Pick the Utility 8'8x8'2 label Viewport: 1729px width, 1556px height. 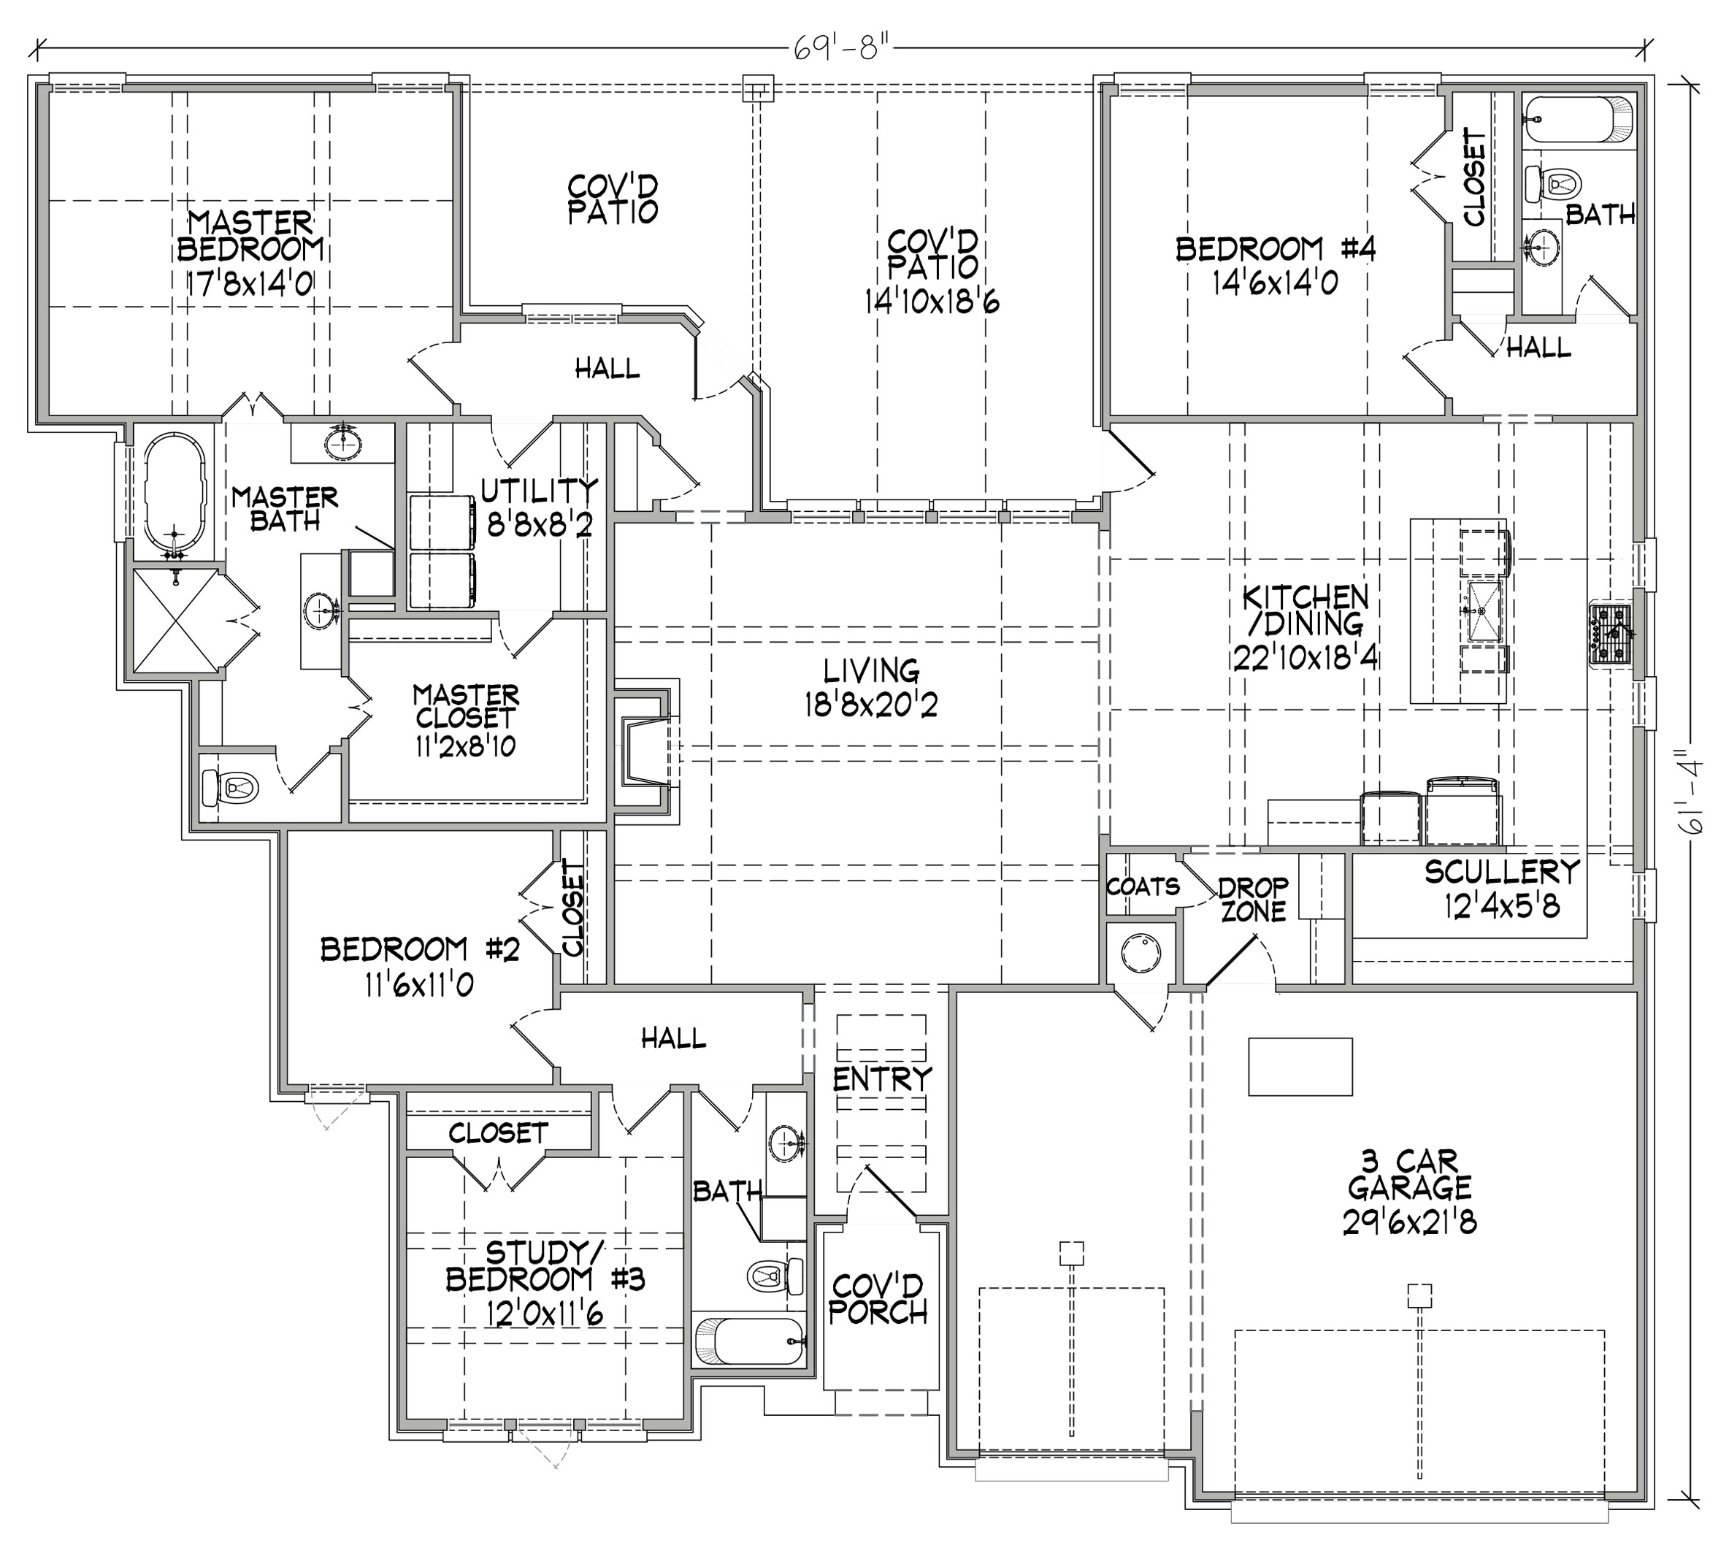point(539,506)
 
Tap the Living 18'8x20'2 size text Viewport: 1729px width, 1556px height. point(870,705)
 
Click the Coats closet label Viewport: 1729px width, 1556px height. point(1143,886)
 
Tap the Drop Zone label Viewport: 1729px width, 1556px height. point(1254,899)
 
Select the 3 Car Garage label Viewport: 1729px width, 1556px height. point(1409,1197)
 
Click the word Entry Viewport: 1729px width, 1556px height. point(881,1079)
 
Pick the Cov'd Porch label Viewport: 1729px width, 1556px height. point(878,1299)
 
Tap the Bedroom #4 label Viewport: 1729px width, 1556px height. point(1275,266)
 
